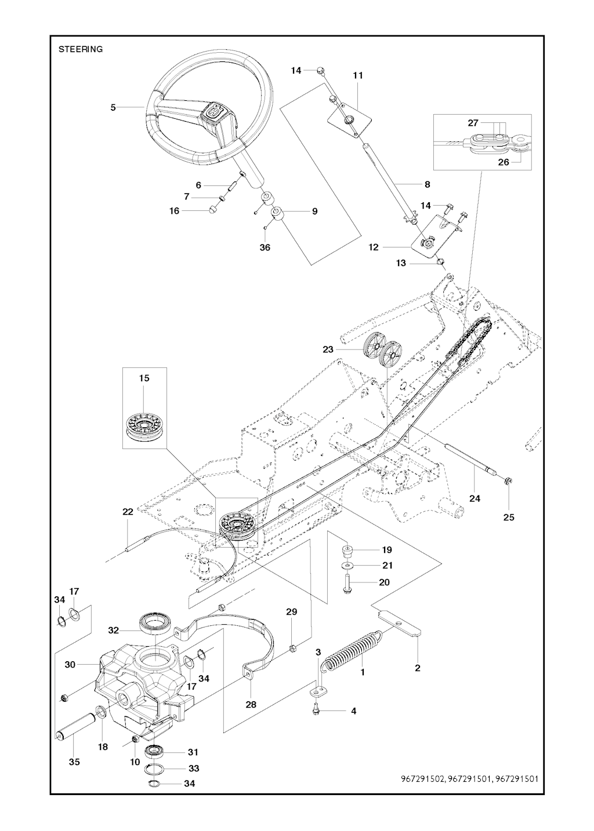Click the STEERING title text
[x=81, y=49]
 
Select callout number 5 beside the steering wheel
[x=114, y=107]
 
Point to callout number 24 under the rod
[x=475, y=498]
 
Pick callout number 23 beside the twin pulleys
[x=329, y=349]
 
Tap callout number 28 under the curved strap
[x=251, y=705]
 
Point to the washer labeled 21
[x=347, y=565]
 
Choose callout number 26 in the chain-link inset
[x=503, y=162]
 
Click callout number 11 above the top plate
[x=357, y=75]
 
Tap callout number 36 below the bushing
[x=265, y=247]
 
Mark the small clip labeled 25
[x=506, y=480]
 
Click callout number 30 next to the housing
[x=70, y=665]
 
